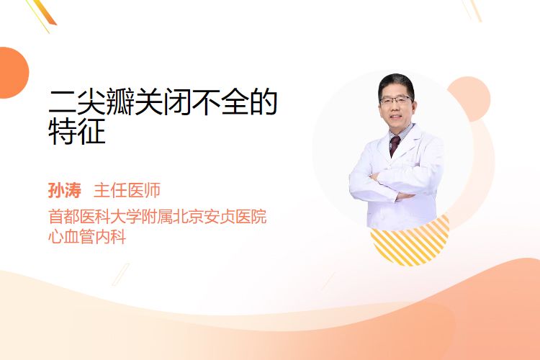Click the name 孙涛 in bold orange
[x=65, y=190]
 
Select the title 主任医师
[x=127, y=190]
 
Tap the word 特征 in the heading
[x=77, y=132]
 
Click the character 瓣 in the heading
[x=120, y=102]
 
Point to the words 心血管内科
[x=87, y=237]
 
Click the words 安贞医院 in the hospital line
[x=235, y=217]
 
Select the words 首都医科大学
[x=95, y=217]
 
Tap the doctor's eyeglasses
[x=396, y=101]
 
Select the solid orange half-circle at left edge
[x=14, y=73]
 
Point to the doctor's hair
[x=396, y=83]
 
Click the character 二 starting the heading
[x=62, y=102]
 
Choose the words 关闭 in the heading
[x=163, y=102]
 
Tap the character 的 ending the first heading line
[x=264, y=102]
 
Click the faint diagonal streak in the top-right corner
[x=472, y=10]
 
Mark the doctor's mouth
[x=396, y=117]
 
